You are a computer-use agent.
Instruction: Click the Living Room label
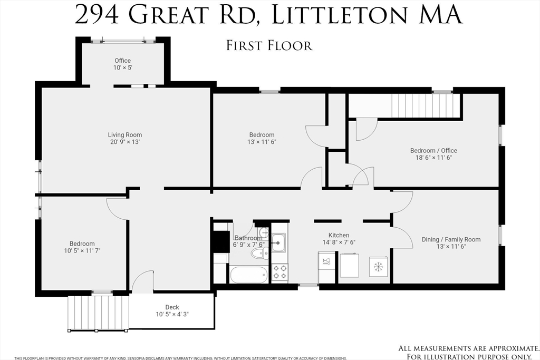point(125,135)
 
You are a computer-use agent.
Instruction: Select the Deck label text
point(172,307)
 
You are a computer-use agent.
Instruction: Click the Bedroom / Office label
point(433,151)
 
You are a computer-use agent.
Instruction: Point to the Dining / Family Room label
point(451,239)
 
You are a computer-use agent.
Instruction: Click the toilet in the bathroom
point(259,254)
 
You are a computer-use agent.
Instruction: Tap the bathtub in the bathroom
point(249,274)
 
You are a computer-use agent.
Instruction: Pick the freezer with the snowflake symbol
point(378,266)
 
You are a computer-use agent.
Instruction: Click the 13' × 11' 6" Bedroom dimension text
point(262,142)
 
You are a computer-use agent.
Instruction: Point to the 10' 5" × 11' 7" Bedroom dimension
point(82,250)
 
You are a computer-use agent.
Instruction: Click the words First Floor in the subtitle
point(269,45)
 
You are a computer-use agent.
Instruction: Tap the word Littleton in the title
point(337,15)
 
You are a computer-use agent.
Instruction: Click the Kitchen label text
point(339,235)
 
